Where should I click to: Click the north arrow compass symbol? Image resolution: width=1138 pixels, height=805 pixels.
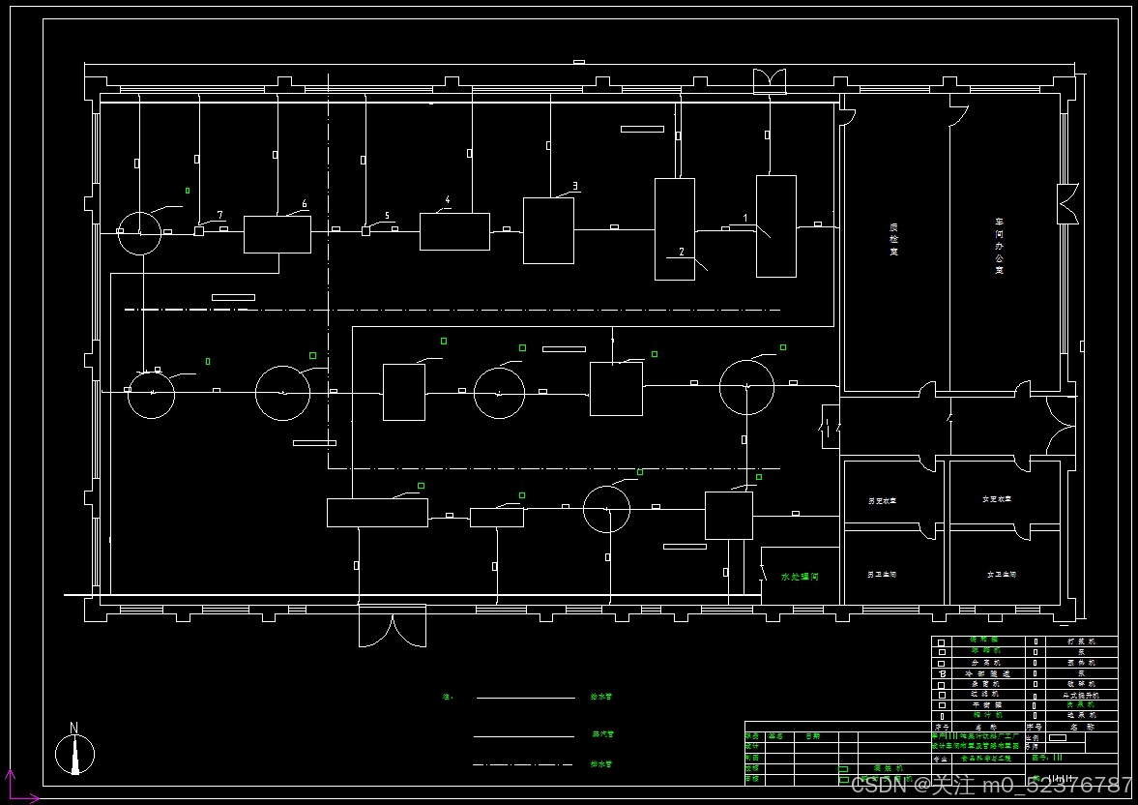(74, 752)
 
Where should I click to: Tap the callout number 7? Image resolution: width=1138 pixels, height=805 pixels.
(220, 215)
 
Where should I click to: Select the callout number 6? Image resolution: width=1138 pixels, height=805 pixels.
(305, 204)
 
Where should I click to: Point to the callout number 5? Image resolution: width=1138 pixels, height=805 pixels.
(387, 216)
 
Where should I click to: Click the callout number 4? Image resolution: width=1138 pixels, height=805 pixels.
(448, 200)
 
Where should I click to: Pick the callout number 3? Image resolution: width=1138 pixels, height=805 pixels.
(575, 186)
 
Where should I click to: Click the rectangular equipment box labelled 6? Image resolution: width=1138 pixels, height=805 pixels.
(277, 235)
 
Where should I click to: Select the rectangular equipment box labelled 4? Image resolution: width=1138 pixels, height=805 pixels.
(454, 232)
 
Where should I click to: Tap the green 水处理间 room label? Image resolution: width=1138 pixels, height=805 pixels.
(800, 577)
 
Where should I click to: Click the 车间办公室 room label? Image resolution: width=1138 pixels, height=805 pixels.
(999, 246)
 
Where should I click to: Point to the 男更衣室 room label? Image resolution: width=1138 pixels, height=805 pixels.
(882, 501)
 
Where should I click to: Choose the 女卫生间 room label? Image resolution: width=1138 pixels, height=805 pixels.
(1001, 575)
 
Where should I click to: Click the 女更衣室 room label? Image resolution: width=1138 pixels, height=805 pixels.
(996, 499)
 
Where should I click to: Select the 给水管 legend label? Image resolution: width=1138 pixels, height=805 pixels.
(601, 697)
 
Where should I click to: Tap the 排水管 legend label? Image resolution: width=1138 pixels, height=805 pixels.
(601, 764)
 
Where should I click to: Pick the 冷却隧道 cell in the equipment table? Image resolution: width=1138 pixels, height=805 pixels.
(986, 672)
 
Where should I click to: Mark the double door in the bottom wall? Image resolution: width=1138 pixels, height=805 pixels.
(392, 626)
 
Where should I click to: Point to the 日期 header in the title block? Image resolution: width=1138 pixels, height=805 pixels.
(812, 736)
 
